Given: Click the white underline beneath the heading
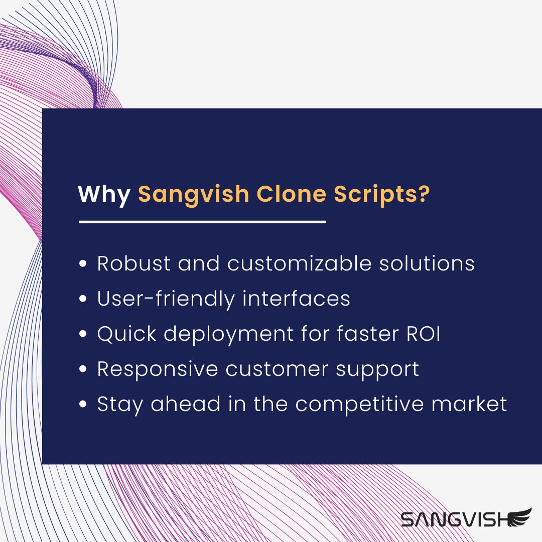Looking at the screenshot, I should click(x=202, y=221).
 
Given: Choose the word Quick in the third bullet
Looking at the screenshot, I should click(x=127, y=334).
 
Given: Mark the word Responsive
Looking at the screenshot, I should click(x=158, y=369).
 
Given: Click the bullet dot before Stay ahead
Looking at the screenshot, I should click(x=84, y=404).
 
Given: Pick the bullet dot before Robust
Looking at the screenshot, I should click(x=84, y=264).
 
